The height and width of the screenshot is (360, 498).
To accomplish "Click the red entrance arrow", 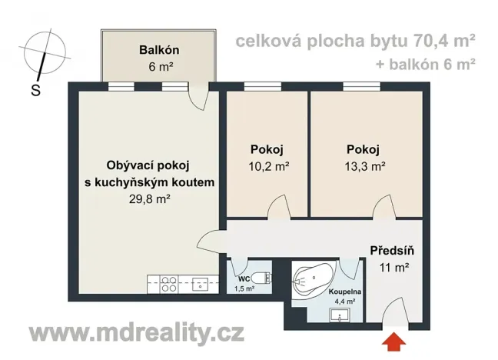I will (397, 340).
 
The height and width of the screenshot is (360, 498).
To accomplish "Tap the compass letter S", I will (35, 89).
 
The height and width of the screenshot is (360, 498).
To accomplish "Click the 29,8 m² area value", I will (150, 198).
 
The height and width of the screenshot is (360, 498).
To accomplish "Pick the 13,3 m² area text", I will (364, 165).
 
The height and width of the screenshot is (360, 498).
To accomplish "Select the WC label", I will (242, 278).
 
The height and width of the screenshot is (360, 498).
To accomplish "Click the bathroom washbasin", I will (335, 315).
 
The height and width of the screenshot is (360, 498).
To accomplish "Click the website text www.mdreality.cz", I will (137, 334).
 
